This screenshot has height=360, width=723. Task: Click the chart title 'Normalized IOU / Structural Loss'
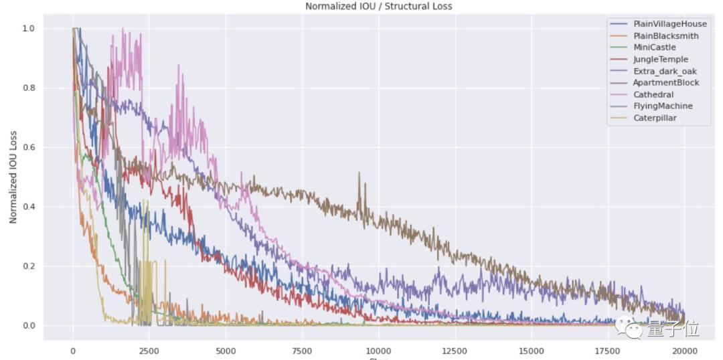(x=378, y=6)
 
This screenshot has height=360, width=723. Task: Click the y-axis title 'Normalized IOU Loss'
(x=13, y=177)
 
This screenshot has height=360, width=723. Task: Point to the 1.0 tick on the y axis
(x=28, y=29)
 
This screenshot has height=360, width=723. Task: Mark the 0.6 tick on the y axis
(x=28, y=148)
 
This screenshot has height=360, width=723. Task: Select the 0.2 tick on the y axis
(x=28, y=266)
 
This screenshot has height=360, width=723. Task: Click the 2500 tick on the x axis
(x=149, y=351)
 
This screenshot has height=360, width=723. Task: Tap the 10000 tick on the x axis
(x=379, y=351)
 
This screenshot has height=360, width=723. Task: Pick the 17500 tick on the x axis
(x=608, y=351)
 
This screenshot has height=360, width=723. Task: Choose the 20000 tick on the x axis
(x=684, y=351)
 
